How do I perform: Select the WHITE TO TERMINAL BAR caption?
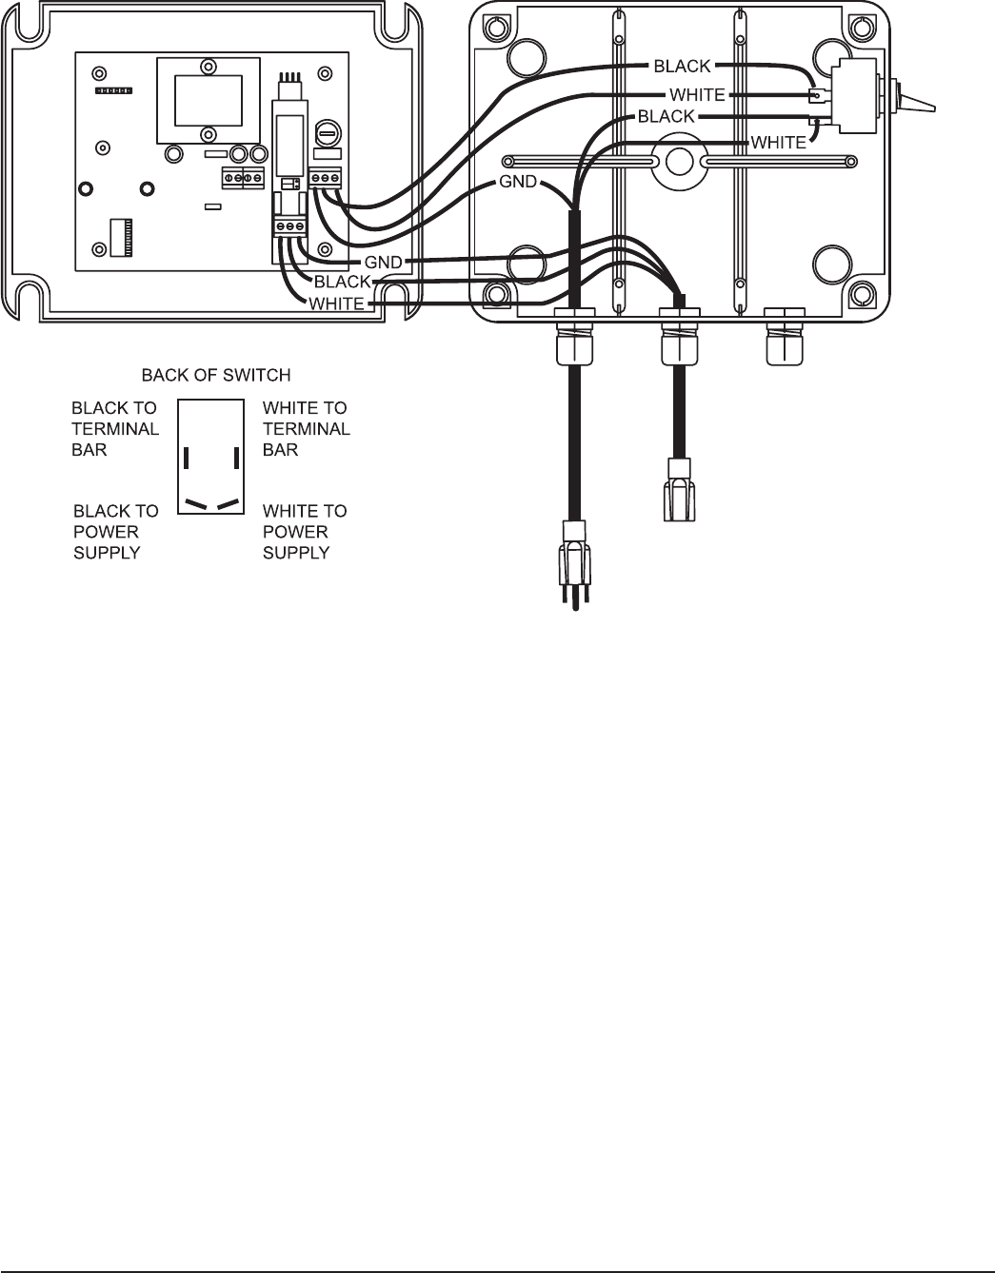pyautogui.click(x=306, y=428)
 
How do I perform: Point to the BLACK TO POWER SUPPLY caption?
pyautogui.click(x=116, y=531)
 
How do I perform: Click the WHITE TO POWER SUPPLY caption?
pyautogui.click(x=305, y=531)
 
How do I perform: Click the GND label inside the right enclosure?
pyautogui.click(x=518, y=182)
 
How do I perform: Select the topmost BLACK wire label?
pyautogui.click(x=682, y=67)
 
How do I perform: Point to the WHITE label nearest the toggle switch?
pyautogui.click(x=778, y=143)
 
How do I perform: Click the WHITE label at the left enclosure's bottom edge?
pyautogui.click(x=336, y=304)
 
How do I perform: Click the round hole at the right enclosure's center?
pyautogui.click(x=677, y=163)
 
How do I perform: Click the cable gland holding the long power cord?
pyautogui.click(x=573, y=338)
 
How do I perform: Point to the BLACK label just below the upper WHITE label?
pyautogui.click(x=667, y=116)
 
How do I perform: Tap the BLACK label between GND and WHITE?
pyautogui.click(x=342, y=283)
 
